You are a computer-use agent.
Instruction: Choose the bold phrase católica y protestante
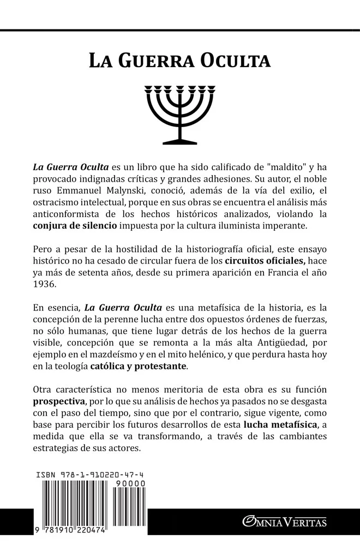tap(137, 367)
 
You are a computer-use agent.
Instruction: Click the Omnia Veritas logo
tap(285, 523)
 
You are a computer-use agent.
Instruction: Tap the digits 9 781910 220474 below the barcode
tap(70, 547)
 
